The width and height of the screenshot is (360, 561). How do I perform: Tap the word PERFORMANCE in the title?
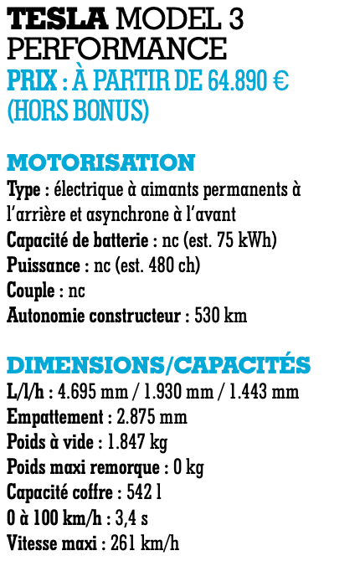click(x=116, y=49)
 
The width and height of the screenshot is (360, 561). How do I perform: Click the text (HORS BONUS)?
click(x=78, y=111)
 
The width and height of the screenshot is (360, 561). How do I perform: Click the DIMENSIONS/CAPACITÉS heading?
click(x=159, y=365)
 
